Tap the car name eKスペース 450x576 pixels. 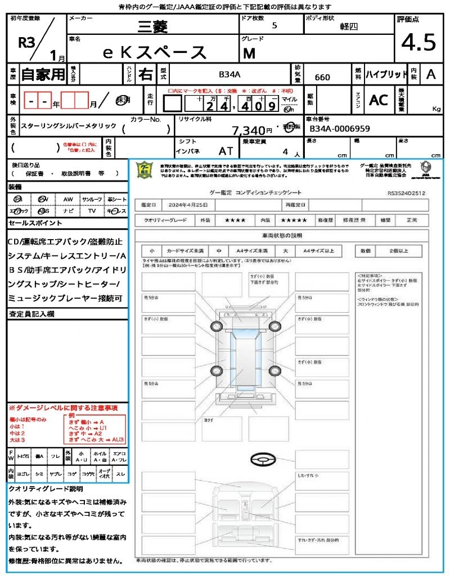[x=155, y=52]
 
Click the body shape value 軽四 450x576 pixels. [x=348, y=26]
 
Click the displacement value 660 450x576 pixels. [x=322, y=77]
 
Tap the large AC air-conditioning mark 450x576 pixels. [x=379, y=100]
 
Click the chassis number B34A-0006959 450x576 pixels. [x=340, y=129]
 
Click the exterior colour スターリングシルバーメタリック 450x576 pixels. [x=69, y=127]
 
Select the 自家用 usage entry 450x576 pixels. [x=43, y=74]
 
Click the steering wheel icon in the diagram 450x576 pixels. [x=263, y=460]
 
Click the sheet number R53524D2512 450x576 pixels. [x=406, y=192]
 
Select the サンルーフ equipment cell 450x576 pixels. [x=92, y=199]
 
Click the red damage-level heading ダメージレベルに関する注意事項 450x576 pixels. [x=63, y=407]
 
